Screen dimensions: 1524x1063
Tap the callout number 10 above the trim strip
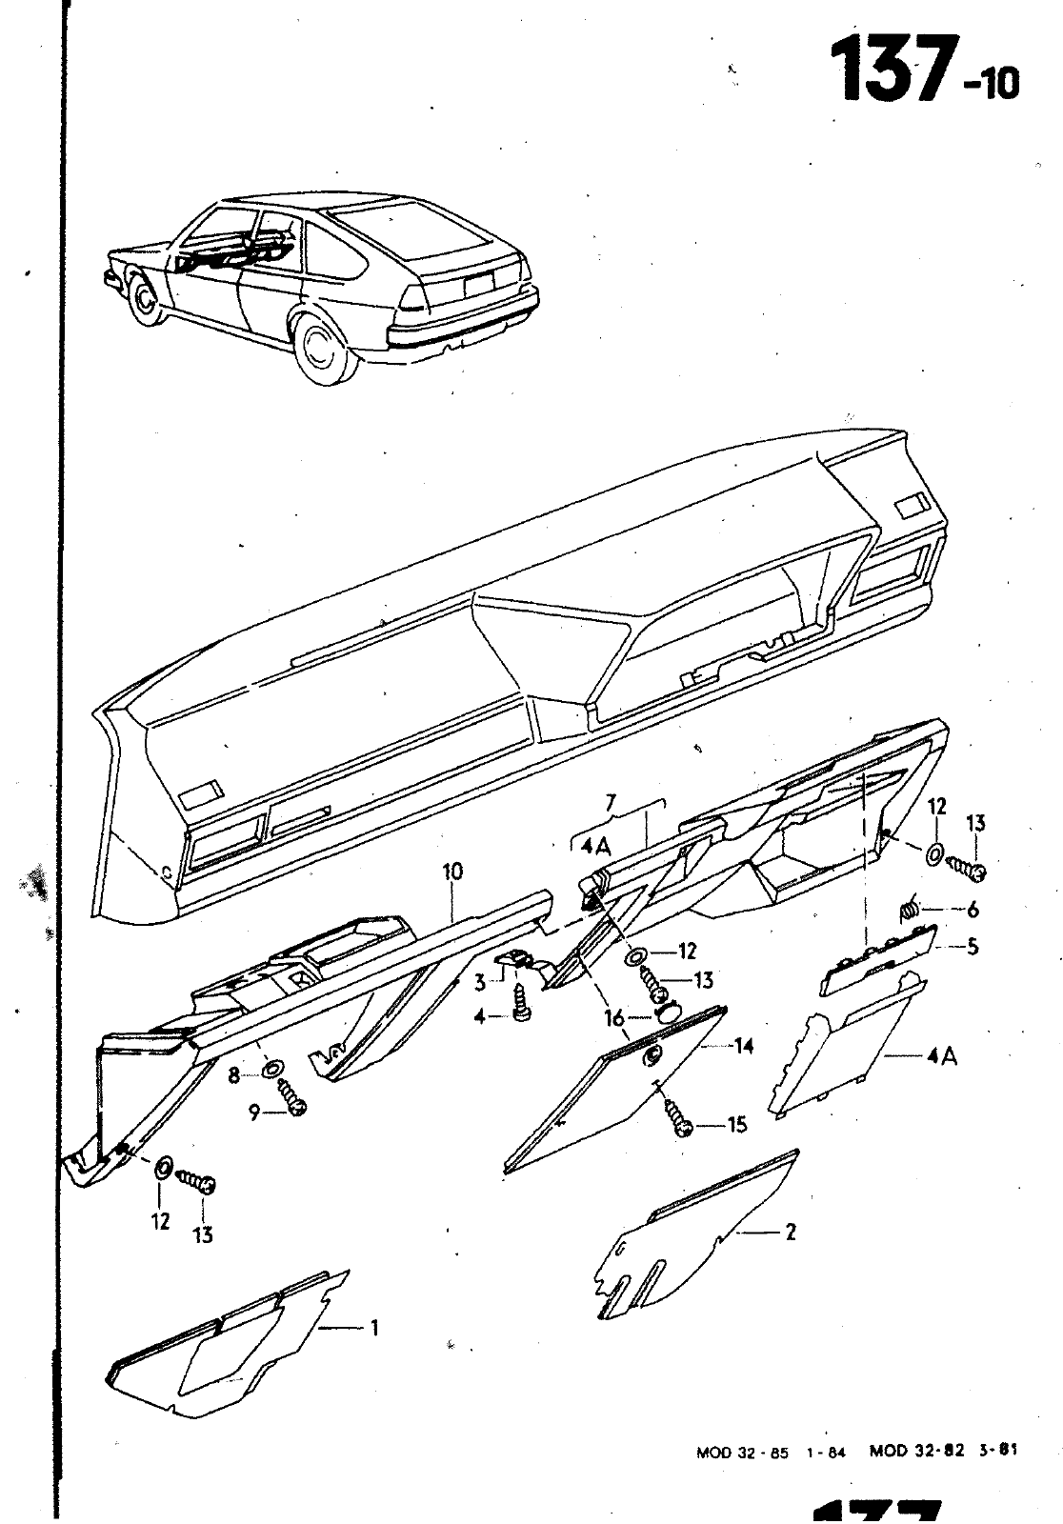click(451, 871)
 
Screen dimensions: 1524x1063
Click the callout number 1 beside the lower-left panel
click(374, 1327)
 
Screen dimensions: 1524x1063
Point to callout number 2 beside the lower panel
click(790, 1232)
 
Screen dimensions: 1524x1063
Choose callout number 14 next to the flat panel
click(743, 1046)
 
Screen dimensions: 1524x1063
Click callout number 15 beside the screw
click(737, 1125)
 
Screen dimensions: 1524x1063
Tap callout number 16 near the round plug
click(614, 1018)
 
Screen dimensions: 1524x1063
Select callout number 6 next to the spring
click(972, 910)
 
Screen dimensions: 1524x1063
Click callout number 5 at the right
click(972, 948)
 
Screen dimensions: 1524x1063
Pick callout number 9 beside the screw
click(254, 1111)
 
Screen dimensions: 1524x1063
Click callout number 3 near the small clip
click(481, 981)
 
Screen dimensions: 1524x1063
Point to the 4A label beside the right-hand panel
click(940, 1055)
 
